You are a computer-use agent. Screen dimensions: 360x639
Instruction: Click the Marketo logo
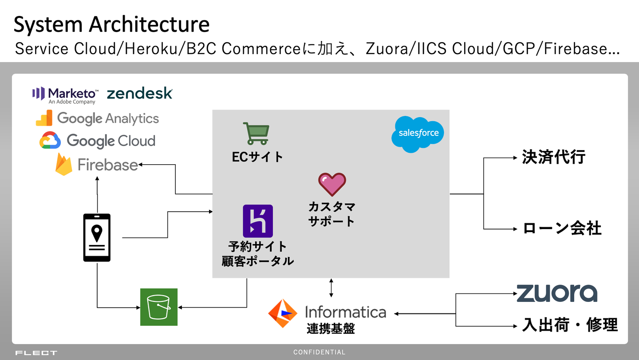(64, 95)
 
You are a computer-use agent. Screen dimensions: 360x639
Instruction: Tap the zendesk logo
(140, 93)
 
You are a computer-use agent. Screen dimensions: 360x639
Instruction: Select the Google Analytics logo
(98, 119)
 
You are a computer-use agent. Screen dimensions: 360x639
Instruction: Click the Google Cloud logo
(98, 141)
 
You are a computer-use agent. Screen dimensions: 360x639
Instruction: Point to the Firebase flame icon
(64, 165)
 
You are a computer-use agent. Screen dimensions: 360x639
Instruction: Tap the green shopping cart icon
(256, 133)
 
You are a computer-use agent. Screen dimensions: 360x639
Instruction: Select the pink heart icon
(332, 185)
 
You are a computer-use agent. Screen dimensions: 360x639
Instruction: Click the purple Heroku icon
(258, 221)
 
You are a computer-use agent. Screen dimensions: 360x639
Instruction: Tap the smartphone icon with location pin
(97, 237)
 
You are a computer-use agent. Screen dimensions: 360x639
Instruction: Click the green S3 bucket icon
(159, 307)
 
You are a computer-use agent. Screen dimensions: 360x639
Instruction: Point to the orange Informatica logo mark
(283, 313)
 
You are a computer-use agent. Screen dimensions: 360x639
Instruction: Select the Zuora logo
(556, 293)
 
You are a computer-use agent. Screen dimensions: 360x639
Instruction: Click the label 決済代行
(554, 157)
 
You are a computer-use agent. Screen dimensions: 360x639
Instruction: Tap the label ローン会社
(562, 229)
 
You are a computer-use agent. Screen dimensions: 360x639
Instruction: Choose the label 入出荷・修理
(570, 325)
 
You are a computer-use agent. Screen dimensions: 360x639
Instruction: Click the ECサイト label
(258, 157)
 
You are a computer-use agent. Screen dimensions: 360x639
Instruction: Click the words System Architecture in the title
(111, 24)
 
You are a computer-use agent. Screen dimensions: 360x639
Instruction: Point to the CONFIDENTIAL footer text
(319, 352)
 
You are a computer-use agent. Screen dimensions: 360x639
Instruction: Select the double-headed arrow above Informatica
(331, 288)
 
